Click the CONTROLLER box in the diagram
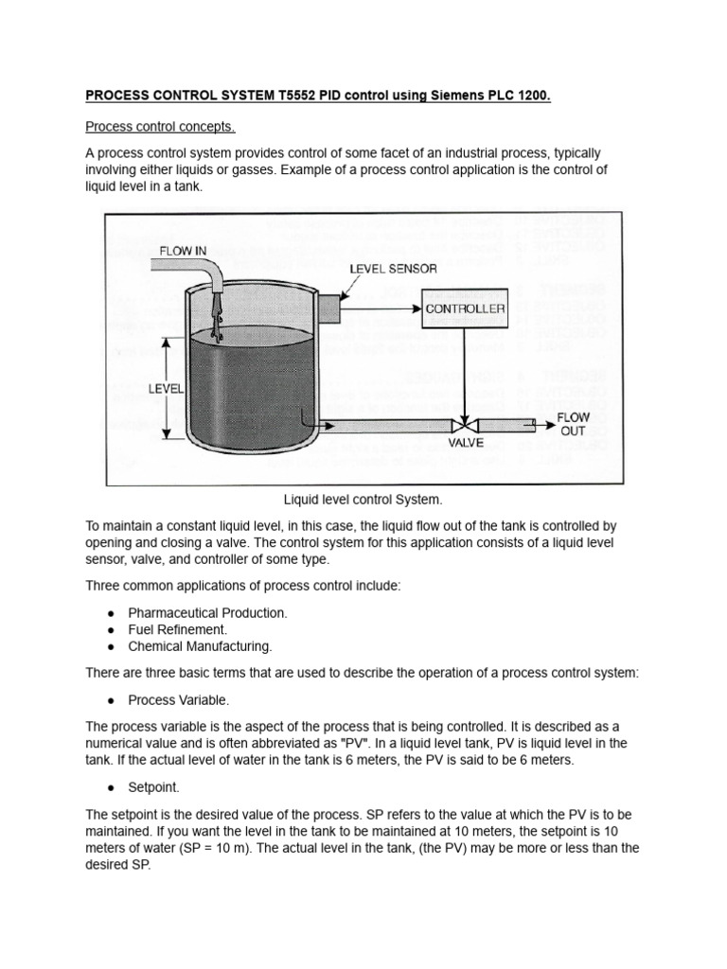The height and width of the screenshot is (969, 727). pos(465,308)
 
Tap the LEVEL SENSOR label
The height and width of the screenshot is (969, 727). pos(394,269)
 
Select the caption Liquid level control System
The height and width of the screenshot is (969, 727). pos(363,499)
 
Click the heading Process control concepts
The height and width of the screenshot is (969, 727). pos(160,126)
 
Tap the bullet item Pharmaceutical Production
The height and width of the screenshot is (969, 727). pos(207,612)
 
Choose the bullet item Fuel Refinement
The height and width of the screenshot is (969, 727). pos(177,629)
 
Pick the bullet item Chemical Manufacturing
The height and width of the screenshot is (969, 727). pos(200,646)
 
